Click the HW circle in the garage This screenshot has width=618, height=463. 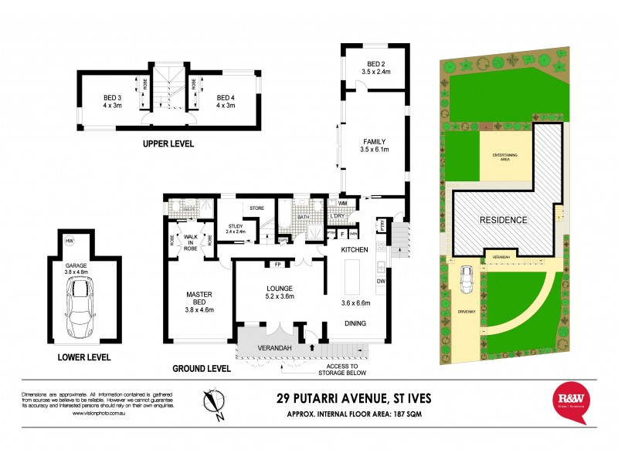click(x=70, y=242)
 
